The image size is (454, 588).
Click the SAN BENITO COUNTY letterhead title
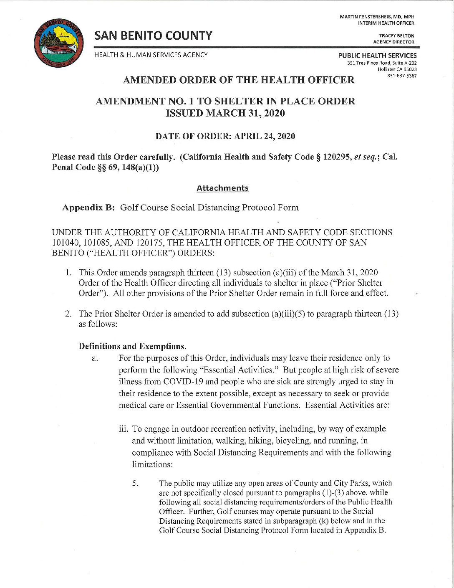pos(153,36)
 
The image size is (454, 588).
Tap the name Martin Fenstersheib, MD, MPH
pos(377,17)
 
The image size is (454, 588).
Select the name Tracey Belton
pos(396,36)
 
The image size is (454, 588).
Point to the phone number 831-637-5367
pos(402,76)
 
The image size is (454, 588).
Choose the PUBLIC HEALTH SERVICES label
pos(377,55)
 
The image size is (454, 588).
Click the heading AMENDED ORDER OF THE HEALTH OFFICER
pos(239,80)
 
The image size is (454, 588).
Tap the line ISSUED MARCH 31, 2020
pos(225,113)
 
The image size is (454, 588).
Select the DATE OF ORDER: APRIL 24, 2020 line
pos(225,137)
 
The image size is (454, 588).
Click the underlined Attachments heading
pos(222,188)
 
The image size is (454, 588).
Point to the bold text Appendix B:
pos(88,208)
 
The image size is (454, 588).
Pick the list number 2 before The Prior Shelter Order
pos(67,314)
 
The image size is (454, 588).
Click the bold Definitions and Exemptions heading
pos(131,346)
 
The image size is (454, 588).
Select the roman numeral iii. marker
pos(124,429)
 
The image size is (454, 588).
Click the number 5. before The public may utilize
pos(135,484)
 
